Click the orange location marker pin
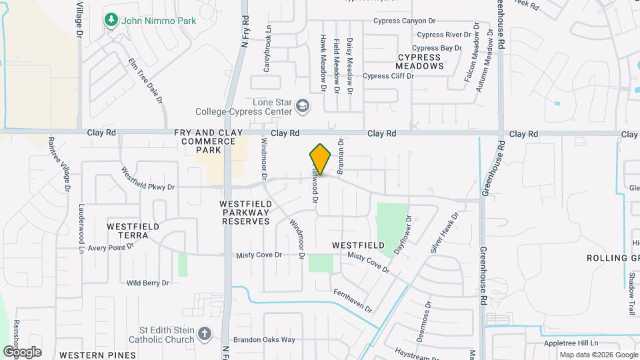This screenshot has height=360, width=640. click(320, 160)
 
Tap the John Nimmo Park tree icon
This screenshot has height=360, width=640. click(111, 21)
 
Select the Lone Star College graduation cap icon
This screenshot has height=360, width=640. click(303, 106)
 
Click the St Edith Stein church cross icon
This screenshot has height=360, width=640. click(205, 333)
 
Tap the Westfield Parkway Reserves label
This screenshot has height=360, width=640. click(246, 212)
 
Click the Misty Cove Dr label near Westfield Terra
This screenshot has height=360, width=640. click(259, 255)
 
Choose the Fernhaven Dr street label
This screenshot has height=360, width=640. click(352, 301)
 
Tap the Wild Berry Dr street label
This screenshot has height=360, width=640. click(147, 283)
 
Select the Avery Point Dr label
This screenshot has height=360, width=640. click(111, 247)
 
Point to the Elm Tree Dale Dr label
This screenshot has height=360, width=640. click(145, 80)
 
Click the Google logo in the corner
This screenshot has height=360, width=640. click(22, 352)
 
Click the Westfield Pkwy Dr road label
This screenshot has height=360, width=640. click(148, 179)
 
